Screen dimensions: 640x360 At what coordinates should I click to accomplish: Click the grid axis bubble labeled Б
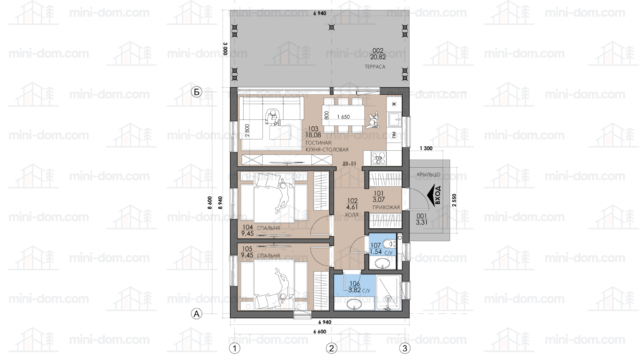196,92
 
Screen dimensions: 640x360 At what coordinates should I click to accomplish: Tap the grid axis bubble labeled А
196,314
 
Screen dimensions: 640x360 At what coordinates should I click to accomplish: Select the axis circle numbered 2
331,348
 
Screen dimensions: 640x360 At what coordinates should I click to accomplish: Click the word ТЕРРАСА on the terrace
375,67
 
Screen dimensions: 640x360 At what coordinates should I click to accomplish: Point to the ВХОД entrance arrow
434,195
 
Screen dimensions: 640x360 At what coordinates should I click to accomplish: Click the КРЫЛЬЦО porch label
428,174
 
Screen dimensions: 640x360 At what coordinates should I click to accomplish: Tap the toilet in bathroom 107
390,244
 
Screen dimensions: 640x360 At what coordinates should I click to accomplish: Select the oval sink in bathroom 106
354,304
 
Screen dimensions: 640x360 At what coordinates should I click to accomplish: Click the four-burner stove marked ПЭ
378,158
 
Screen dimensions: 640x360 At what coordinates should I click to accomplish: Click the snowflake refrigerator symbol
394,104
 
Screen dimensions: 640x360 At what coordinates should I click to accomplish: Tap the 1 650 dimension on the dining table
343,117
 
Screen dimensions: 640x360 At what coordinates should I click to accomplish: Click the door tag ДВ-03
349,164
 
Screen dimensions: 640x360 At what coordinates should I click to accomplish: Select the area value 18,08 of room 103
313,135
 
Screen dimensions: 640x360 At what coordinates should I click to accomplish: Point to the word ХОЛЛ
352,215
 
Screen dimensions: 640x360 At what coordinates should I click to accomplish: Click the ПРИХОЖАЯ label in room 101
386,207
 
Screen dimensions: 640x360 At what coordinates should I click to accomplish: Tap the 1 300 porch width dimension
426,149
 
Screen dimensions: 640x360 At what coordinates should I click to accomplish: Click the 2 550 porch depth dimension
454,200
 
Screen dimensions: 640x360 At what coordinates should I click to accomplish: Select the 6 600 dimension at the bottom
320,332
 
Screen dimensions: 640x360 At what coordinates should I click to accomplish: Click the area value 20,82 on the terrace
378,57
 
